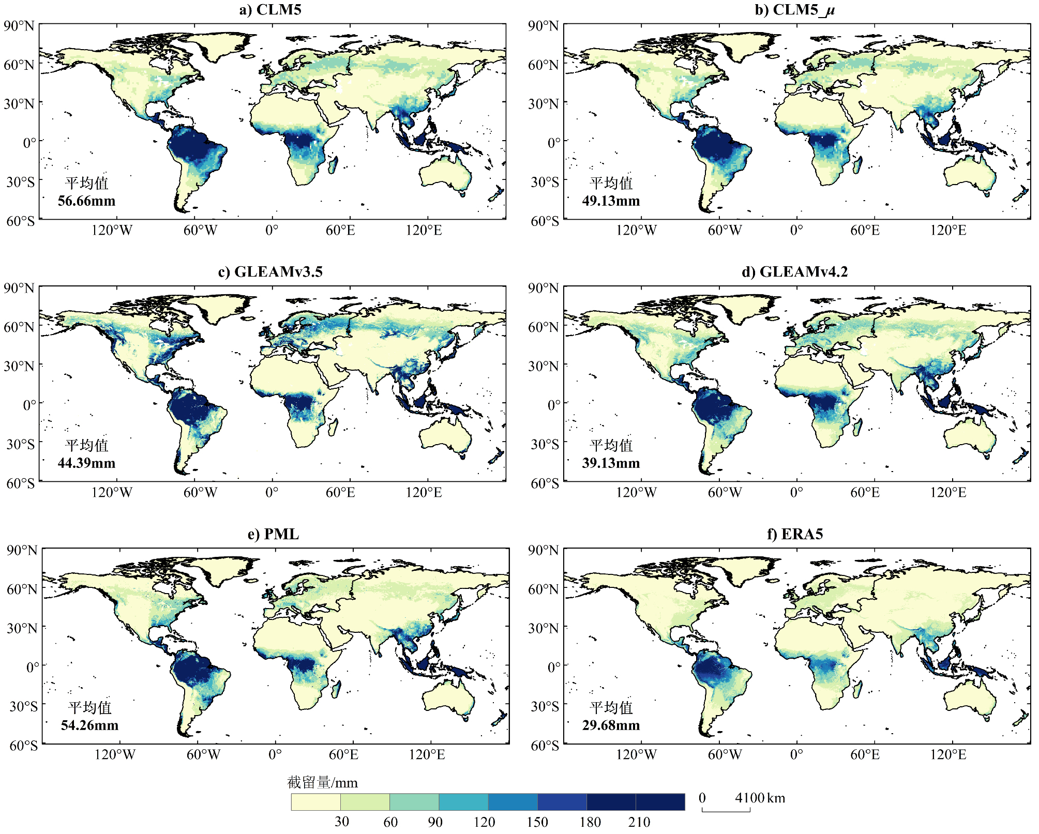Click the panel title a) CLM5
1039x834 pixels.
click(270, 10)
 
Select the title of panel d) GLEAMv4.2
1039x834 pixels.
click(794, 271)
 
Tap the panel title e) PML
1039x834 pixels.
click(273, 534)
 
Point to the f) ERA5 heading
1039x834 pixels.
click(794, 534)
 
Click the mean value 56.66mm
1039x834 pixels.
click(86, 201)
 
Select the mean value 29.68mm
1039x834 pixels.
click(611, 725)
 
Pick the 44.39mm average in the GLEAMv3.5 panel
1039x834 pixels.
click(86, 463)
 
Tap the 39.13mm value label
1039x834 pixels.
click(611, 463)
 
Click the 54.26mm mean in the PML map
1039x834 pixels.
click(89, 725)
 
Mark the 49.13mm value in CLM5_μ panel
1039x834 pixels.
click(611, 201)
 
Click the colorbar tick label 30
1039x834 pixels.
click(341, 822)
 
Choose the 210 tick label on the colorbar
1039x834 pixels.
click(639, 822)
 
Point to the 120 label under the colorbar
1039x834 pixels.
click(484, 822)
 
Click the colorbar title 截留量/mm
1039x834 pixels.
click(322, 782)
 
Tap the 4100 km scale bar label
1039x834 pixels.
click(760, 798)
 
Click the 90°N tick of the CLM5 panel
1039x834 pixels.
click(19, 26)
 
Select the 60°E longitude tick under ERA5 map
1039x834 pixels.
click(865, 754)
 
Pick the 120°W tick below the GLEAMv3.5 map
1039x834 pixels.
click(112, 492)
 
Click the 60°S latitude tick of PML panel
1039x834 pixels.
click(23, 745)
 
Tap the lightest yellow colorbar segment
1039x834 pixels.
click(315, 802)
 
